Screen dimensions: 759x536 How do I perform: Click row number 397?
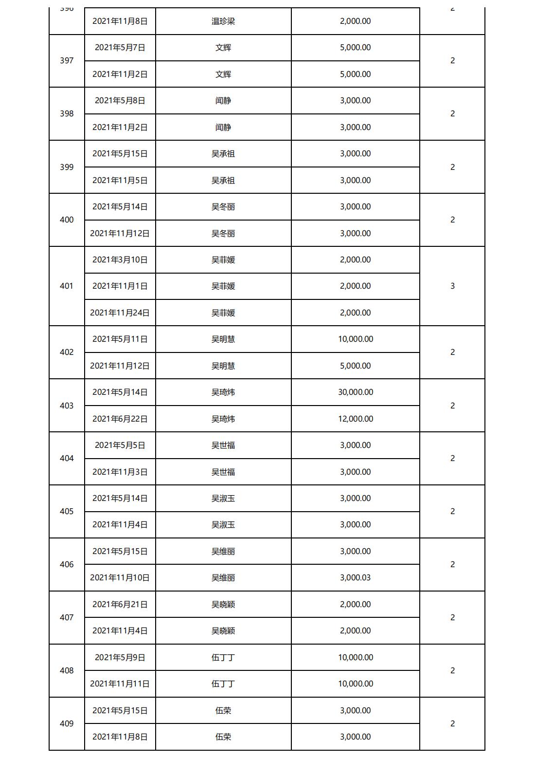67,61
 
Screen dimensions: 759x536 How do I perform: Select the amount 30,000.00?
356,392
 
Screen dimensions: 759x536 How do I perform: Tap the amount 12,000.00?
356,419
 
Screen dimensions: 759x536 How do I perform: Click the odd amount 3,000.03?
356,578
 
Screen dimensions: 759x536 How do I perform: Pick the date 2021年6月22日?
120,419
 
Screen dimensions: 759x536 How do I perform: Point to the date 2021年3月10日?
120,260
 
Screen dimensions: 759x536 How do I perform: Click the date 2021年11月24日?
120,313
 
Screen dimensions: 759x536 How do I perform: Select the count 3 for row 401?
452,286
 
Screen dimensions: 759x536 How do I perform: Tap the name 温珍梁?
223,21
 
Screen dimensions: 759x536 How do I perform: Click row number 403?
67,406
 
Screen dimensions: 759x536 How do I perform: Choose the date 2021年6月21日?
120,605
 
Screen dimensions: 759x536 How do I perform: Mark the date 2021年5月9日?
120,658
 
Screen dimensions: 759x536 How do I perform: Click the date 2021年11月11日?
120,684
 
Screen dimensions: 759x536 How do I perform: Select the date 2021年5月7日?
120,48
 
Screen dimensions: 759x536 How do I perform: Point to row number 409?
67,724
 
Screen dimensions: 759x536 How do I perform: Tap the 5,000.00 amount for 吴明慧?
356,366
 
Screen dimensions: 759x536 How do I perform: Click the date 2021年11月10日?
120,578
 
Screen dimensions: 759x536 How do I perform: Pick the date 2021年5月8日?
120,101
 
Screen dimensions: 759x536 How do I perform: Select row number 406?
67,565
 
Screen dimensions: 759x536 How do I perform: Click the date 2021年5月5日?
120,445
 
